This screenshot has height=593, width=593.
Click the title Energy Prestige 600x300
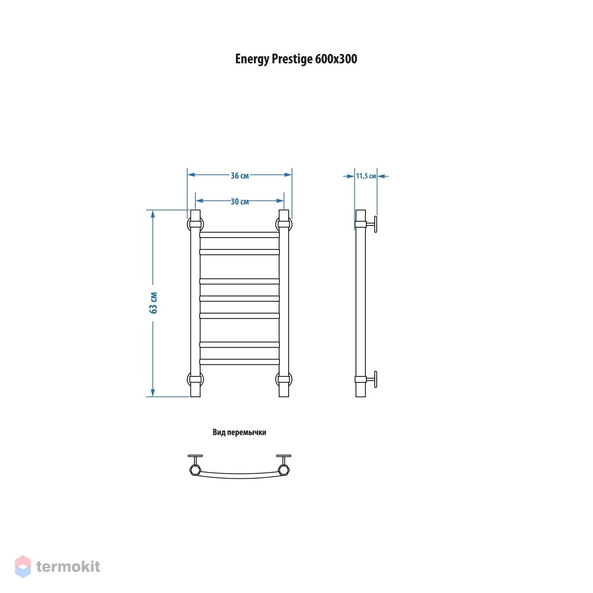click(x=296, y=59)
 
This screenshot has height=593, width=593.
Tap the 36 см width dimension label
click(x=240, y=176)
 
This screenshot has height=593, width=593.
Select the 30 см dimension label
click(x=240, y=202)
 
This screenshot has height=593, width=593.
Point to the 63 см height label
click(x=153, y=302)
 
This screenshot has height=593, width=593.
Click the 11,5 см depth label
click(x=366, y=176)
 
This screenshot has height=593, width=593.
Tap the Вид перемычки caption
click(x=240, y=432)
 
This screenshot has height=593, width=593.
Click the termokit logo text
click(x=68, y=566)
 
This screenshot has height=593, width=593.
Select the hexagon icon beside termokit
click(x=23, y=566)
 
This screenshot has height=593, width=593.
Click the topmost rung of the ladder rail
click(x=240, y=235)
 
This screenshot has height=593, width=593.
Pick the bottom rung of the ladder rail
click(x=240, y=362)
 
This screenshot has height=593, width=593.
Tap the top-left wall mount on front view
click(x=195, y=224)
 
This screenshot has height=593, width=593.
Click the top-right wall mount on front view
click(x=283, y=224)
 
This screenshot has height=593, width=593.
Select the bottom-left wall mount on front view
click(x=195, y=379)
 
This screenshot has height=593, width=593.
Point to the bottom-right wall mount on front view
click(x=283, y=379)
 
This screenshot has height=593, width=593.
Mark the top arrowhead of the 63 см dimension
click(x=153, y=214)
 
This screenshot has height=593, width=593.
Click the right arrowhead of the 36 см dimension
click(x=288, y=175)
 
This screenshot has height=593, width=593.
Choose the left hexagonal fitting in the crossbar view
click(x=195, y=470)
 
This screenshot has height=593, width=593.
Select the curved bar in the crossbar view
click(x=240, y=475)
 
